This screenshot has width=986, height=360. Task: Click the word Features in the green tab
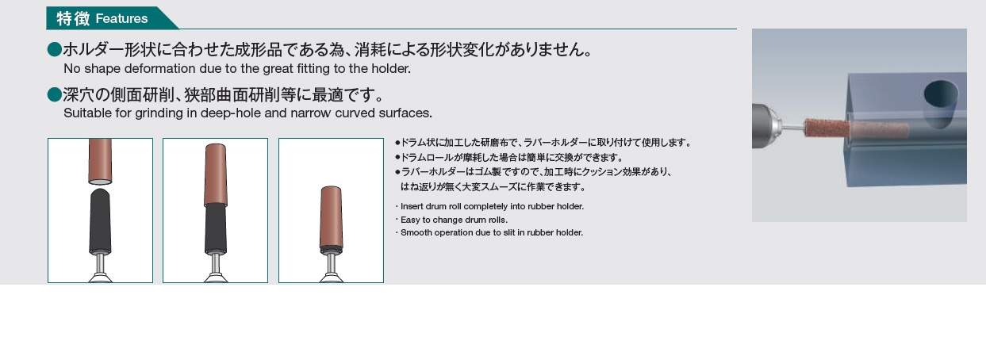(x=121, y=18)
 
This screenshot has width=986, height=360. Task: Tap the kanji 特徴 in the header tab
(x=73, y=18)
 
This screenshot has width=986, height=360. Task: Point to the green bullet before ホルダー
(x=55, y=49)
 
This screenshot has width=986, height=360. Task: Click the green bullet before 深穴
(x=55, y=94)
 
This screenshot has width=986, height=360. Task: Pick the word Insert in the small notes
(x=412, y=206)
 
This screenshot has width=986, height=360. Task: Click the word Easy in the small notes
(x=409, y=220)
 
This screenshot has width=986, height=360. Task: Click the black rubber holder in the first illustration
(x=100, y=222)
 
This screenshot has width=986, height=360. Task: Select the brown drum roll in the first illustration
(x=100, y=161)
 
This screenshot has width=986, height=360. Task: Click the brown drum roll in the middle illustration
(x=216, y=174)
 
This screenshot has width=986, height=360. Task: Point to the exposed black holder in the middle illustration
(x=216, y=228)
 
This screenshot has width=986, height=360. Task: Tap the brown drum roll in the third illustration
(x=331, y=217)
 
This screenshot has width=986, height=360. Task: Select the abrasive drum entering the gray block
(x=856, y=129)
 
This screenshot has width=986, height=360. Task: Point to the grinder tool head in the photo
(x=767, y=125)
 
